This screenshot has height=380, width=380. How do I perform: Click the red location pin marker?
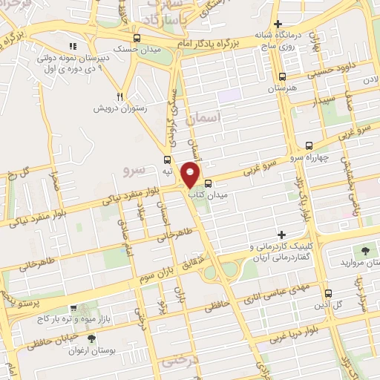click(x=191, y=174)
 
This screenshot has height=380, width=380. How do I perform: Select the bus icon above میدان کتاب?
click(x=207, y=182)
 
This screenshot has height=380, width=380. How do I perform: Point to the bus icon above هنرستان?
click(x=281, y=76)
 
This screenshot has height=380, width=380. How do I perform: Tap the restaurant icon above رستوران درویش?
click(x=119, y=96)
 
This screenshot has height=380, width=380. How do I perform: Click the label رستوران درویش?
click(x=120, y=108)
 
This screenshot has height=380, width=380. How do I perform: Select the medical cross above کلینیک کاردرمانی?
click(x=280, y=235)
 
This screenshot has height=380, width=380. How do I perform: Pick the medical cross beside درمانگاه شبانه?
click(x=278, y=24)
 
